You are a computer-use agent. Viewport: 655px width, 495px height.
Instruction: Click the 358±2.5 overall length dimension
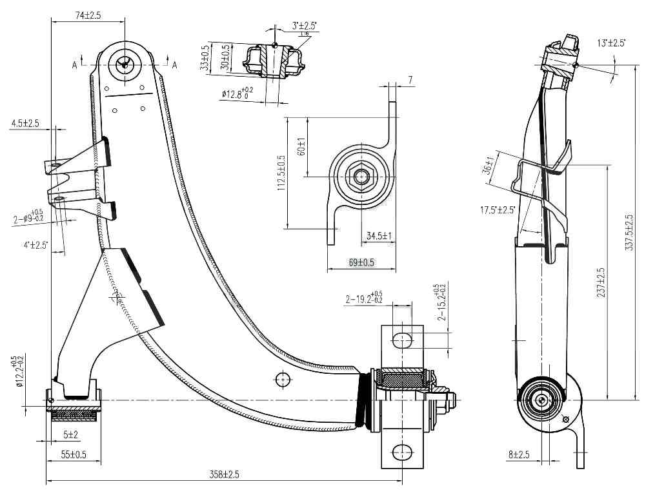(224, 475)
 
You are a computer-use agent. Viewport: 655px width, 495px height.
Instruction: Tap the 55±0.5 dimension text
(74, 454)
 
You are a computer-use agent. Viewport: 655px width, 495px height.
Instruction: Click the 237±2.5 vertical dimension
(601, 282)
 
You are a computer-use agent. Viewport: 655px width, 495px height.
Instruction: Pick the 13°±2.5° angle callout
(611, 43)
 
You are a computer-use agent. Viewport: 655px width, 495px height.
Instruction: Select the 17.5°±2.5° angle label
(498, 209)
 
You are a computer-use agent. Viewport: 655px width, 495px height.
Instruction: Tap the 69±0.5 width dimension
(362, 262)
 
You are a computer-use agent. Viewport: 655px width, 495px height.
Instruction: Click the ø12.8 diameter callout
(237, 94)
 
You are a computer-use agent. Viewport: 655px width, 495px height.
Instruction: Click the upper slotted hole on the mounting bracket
(401, 339)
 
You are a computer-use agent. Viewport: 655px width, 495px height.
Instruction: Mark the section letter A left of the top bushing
(75, 65)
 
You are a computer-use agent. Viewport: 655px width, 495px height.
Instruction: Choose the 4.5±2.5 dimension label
(25, 122)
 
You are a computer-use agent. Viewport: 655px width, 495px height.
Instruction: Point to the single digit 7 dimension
(410, 79)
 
